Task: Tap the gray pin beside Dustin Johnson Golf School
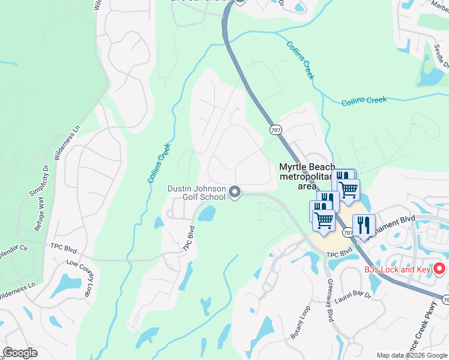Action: pos(235,192)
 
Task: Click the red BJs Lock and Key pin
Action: pos(439,269)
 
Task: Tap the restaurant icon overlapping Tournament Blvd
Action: pos(363,225)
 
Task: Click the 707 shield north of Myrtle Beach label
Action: pos(275,130)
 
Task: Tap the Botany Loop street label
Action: pos(301,325)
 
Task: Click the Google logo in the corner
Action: pos(20,353)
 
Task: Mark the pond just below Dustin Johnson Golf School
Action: pos(206,213)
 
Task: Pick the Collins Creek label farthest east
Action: pos(364,101)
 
